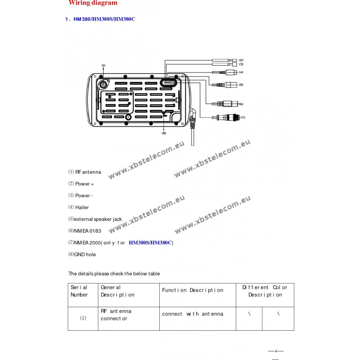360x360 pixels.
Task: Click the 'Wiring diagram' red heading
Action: (93, 3)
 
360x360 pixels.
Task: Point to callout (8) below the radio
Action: (164, 133)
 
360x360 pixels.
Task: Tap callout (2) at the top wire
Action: (241, 60)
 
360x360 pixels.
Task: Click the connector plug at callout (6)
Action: (225, 103)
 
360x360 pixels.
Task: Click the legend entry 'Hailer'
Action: (81, 207)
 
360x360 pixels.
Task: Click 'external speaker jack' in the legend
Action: (98, 219)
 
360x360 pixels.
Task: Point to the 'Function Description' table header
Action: (193, 290)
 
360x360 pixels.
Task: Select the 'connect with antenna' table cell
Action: (192, 314)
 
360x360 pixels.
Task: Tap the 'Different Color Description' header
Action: (265, 291)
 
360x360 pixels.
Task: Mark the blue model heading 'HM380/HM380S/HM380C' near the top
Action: (104, 19)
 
